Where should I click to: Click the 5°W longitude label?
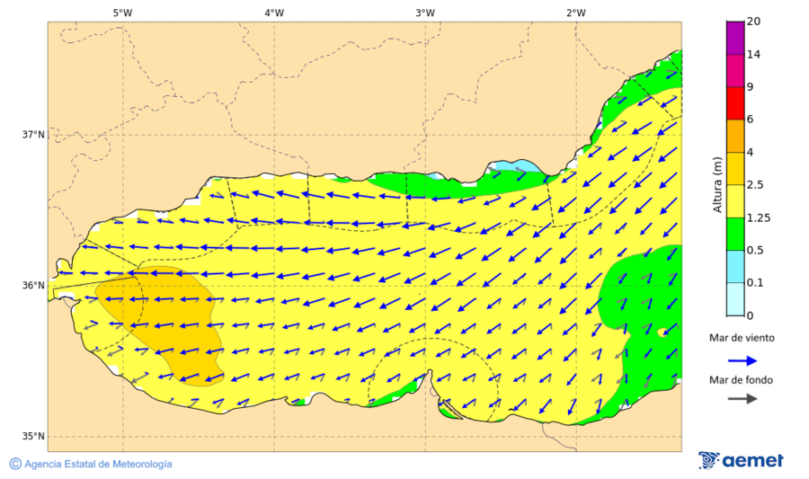122,13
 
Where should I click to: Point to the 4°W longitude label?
274,13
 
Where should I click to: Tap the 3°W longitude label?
425,13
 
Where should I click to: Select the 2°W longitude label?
576,13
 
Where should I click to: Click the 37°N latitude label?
33,135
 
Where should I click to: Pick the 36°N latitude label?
33,286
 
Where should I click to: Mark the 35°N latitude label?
33,437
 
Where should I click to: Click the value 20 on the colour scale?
754,22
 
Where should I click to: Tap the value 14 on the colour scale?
754,55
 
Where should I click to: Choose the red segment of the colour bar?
735,103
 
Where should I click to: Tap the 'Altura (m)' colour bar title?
717,185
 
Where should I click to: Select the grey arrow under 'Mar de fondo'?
742,399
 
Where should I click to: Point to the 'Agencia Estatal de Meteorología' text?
98,464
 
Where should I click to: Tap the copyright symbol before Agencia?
15,464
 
